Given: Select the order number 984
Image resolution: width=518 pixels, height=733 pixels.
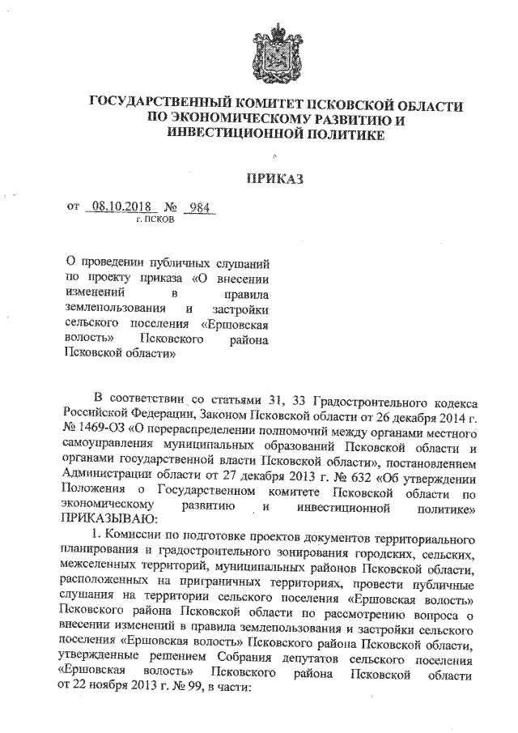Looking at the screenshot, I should click(197, 207).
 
